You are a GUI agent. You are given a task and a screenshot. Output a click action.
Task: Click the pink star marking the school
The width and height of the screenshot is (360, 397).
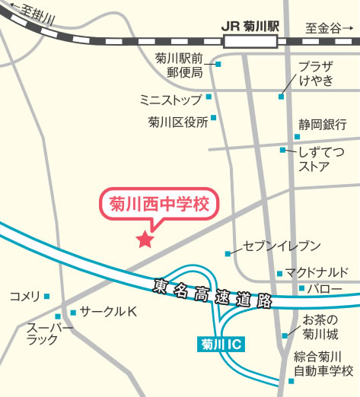point(145,240)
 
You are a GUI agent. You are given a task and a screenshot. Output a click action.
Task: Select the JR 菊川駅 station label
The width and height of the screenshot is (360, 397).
point(250,26)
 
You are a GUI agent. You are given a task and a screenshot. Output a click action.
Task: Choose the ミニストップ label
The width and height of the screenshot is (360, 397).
point(170,99)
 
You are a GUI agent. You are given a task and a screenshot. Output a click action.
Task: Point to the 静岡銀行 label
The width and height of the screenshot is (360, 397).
point(322,125)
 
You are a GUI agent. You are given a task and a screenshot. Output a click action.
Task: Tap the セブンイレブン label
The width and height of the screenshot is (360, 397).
point(282,246)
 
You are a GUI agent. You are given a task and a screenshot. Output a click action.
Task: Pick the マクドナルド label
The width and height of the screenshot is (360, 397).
point(317,272)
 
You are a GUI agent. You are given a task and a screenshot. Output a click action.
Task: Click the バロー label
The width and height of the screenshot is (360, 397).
point(325,289)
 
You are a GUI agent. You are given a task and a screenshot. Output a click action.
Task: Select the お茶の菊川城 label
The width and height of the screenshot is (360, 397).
point(320,326)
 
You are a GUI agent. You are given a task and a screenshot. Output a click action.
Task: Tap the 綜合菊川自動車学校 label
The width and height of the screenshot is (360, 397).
point(324,364)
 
